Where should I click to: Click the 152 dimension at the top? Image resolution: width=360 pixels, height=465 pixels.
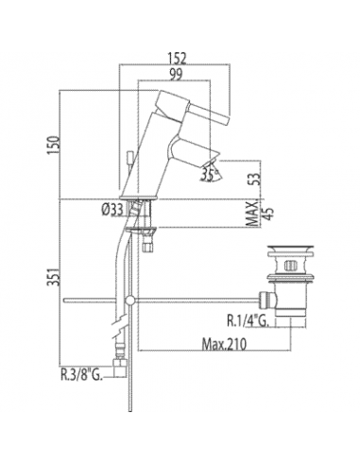point(177,59)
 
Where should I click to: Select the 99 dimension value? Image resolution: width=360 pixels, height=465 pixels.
point(176,75)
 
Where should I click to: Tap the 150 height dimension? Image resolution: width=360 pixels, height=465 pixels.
point(53,145)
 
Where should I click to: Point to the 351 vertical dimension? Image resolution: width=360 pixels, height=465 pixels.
point(53,277)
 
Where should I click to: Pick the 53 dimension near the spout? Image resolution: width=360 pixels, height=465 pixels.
point(257,179)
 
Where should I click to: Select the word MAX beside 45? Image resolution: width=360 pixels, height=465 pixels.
point(252,214)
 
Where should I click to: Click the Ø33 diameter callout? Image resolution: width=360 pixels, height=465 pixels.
point(112,210)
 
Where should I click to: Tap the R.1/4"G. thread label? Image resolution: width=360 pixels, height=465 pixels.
point(248,321)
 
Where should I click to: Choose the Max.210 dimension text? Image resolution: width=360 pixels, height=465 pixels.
point(224,344)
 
